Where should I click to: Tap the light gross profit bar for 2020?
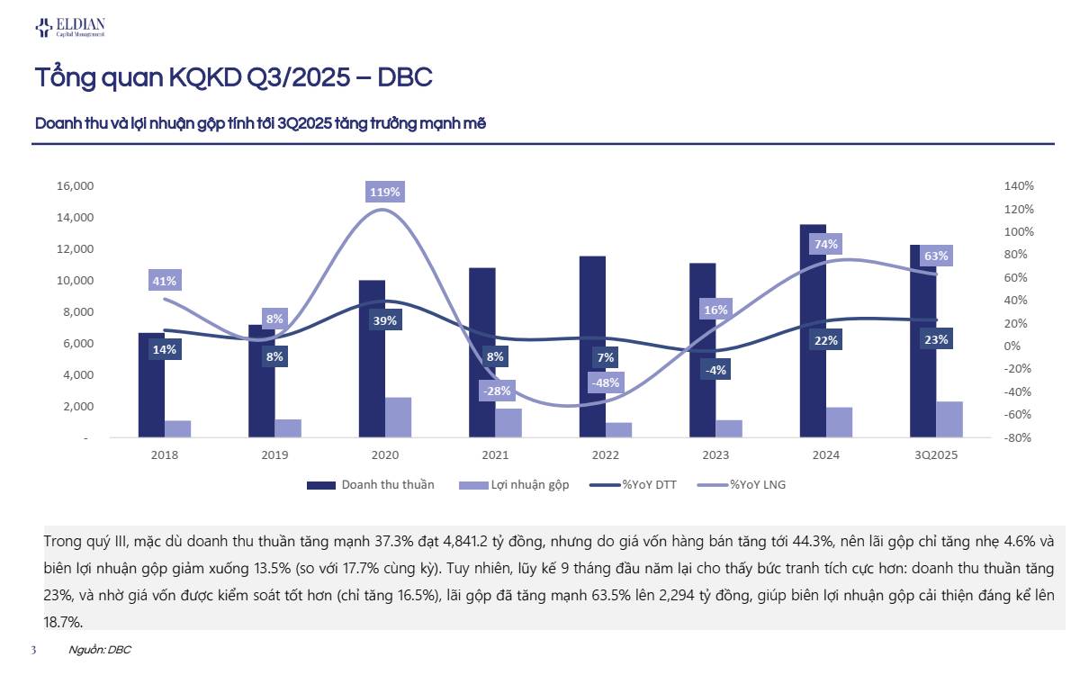click(398, 418)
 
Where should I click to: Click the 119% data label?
click(385, 192)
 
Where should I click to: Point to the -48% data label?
click(606, 382)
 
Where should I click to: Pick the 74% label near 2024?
click(825, 244)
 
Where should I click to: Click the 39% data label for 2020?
click(385, 321)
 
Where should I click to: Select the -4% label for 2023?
click(716, 370)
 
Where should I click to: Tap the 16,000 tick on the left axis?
click(76, 186)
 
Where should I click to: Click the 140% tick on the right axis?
click(1019, 186)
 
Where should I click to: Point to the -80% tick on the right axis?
click(1018, 438)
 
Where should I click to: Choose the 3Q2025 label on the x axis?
click(935, 455)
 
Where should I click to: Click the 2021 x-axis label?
click(495, 455)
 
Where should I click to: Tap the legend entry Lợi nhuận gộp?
click(529, 485)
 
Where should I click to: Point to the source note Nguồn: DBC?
click(100, 650)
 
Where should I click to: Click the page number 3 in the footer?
click(33, 650)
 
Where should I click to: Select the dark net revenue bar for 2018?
click(151, 385)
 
